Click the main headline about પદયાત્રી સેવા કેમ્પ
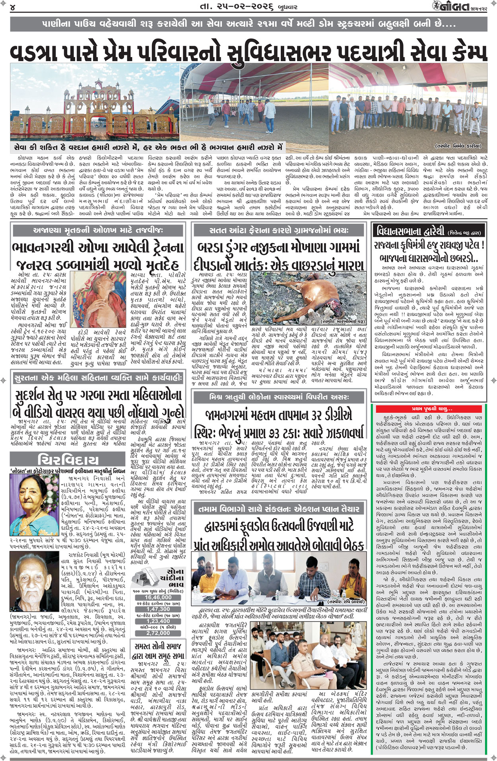tap(248, 51)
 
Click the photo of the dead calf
tap(309, 298)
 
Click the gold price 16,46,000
tap(158, 597)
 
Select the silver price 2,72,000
tap(158, 633)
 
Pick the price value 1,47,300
tap(158, 609)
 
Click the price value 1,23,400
tap(158, 621)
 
